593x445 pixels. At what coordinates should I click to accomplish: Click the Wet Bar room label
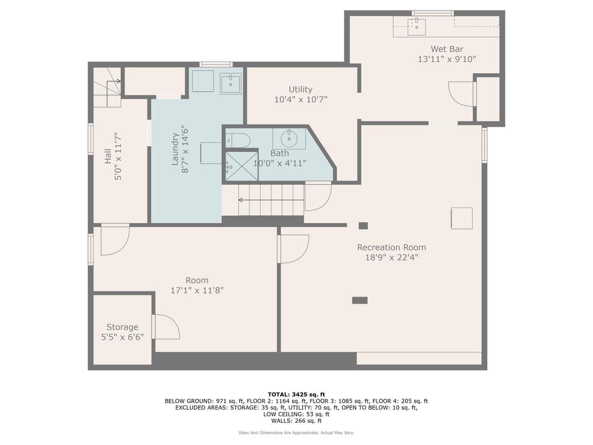(x=446, y=49)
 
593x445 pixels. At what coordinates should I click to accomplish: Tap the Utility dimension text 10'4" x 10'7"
(x=300, y=100)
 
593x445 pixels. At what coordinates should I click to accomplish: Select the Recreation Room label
(x=391, y=247)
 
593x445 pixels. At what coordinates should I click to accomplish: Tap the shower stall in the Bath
(x=241, y=165)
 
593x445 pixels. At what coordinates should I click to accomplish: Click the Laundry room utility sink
(x=230, y=84)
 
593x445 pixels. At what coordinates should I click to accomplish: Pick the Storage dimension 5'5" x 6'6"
(x=122, y=337)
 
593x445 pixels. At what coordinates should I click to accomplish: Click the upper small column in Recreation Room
(x=363, y=225)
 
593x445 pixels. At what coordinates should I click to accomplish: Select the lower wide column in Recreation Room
(x=360, y=300)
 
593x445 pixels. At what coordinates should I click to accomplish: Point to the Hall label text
(x=108, y=157)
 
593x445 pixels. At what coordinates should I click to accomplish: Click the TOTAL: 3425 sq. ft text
(x=296, y=394)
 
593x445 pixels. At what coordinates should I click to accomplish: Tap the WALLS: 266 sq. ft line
(x=296, y=421)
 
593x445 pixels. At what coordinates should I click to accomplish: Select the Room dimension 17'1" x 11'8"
(x=197, y=290)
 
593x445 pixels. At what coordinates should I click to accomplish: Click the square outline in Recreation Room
(x=461, y=218)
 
